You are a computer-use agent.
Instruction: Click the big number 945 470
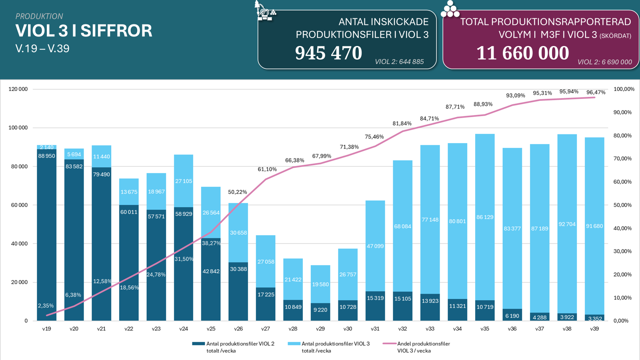(x=328, y=53)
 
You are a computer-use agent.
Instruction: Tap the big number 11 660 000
(x=522, y=53)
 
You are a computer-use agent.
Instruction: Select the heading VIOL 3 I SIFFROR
(x=84, y=31)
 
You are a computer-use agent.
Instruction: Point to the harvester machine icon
(x=264, y=11)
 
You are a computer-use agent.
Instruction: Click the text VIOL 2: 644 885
(x=399, y=62)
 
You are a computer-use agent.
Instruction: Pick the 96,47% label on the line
(x=596, y=92)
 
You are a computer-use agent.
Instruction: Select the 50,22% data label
(x=238, y=192)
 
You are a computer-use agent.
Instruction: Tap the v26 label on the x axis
(x=238, y=329)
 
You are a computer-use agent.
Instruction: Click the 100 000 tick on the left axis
(x=18, y=128)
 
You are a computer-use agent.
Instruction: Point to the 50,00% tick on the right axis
(x=622, y=205)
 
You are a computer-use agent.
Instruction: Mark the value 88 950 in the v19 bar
(x=47, y=156)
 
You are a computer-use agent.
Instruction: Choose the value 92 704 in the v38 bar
(x=567, y=224)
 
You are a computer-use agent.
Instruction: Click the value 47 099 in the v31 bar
(x=375, y=246)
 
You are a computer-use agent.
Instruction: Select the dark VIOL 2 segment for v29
(x=320, y=312)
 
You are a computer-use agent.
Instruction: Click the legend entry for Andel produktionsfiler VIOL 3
(x=423, y=347)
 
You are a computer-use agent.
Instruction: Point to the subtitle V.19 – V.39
(x=42, y=48)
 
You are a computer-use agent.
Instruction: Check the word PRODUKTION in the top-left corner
(x=39, y=16)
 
